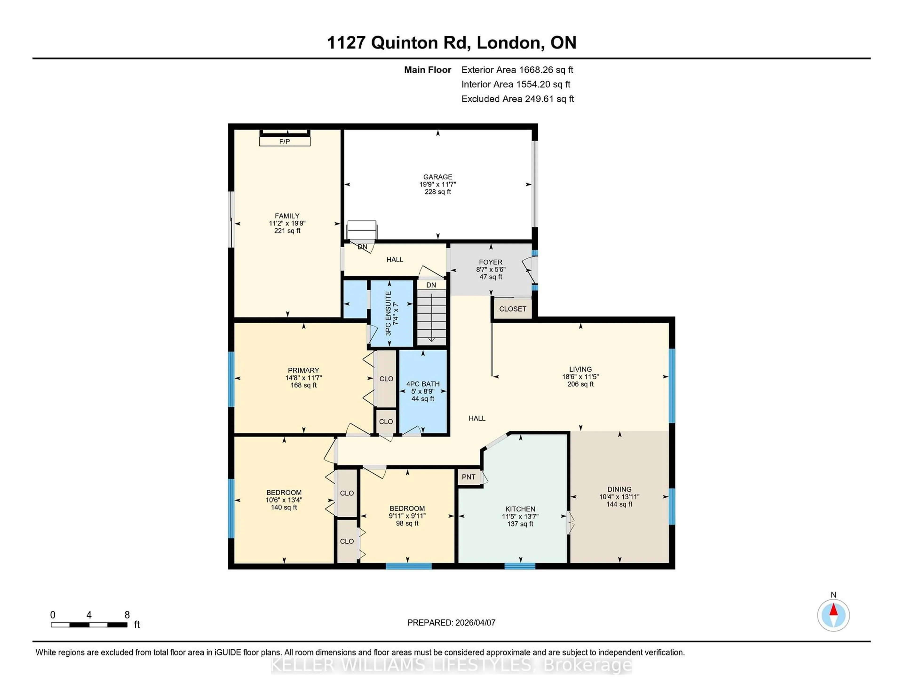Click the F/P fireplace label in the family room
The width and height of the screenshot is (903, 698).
(285, 141)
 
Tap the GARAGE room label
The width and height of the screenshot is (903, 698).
(437, 177)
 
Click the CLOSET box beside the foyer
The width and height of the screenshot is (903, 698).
(512, 309)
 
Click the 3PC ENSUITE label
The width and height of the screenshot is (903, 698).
(388, 313)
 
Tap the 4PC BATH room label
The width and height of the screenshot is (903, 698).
(423, 384)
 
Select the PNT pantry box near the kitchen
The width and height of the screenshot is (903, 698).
(468, 477)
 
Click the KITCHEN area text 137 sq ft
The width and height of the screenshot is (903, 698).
(520, 524)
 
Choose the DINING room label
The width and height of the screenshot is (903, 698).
(619, 489)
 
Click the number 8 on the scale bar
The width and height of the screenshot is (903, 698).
(127, 615)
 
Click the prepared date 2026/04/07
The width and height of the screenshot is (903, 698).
(474, 622)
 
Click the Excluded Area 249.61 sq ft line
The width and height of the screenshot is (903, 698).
(517, 99)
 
